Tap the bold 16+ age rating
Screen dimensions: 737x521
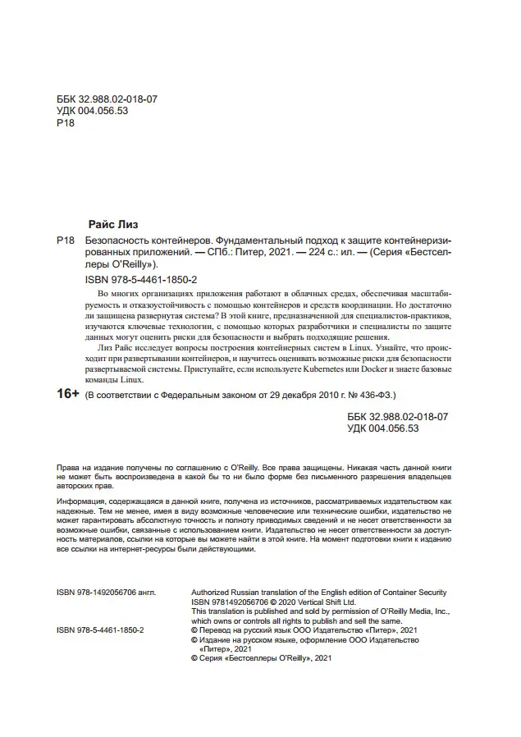67,395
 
